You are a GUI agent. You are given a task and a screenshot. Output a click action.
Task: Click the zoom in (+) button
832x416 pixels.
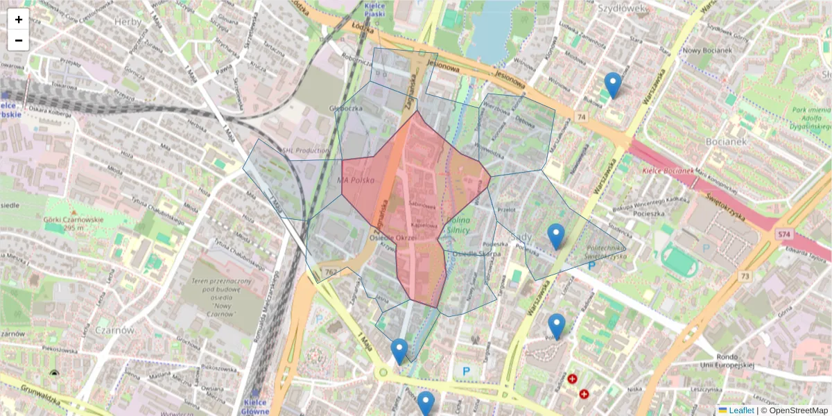[x=19, y=19]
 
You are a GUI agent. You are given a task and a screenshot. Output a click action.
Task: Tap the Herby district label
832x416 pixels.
[x=128, y=21]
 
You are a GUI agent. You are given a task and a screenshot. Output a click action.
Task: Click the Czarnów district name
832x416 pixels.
[x=114, y=330]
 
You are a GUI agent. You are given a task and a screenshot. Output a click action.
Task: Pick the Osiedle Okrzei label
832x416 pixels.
[x=392, y=237]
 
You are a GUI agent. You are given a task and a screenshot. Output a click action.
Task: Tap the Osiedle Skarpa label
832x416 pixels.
[x=476, y=254]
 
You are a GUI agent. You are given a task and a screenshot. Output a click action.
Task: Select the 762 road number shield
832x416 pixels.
[x=331, y=271]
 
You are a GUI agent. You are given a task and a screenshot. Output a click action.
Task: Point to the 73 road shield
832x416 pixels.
[x=745, y=277]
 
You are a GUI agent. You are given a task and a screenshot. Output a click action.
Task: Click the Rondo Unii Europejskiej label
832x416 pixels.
[x=727, y=361]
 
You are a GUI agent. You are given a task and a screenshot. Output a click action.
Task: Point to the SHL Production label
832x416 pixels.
[x=306, y=150]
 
